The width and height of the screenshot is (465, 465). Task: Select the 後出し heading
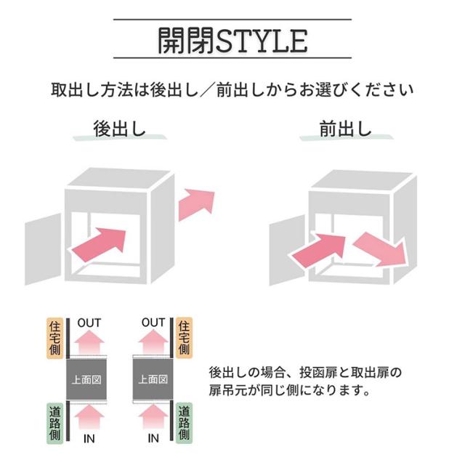(120, 129)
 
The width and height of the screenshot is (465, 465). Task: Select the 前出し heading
(345, 129)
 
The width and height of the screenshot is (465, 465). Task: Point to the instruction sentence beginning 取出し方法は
(232, 91)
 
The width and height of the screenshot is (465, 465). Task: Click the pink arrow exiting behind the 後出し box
(197, 203)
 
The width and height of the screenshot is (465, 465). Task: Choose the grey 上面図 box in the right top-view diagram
(153, 379)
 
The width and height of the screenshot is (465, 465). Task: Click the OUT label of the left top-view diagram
(89, 323)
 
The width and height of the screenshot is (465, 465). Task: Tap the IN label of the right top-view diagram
(153, 438)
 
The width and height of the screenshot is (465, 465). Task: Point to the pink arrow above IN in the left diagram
(89, 417)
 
